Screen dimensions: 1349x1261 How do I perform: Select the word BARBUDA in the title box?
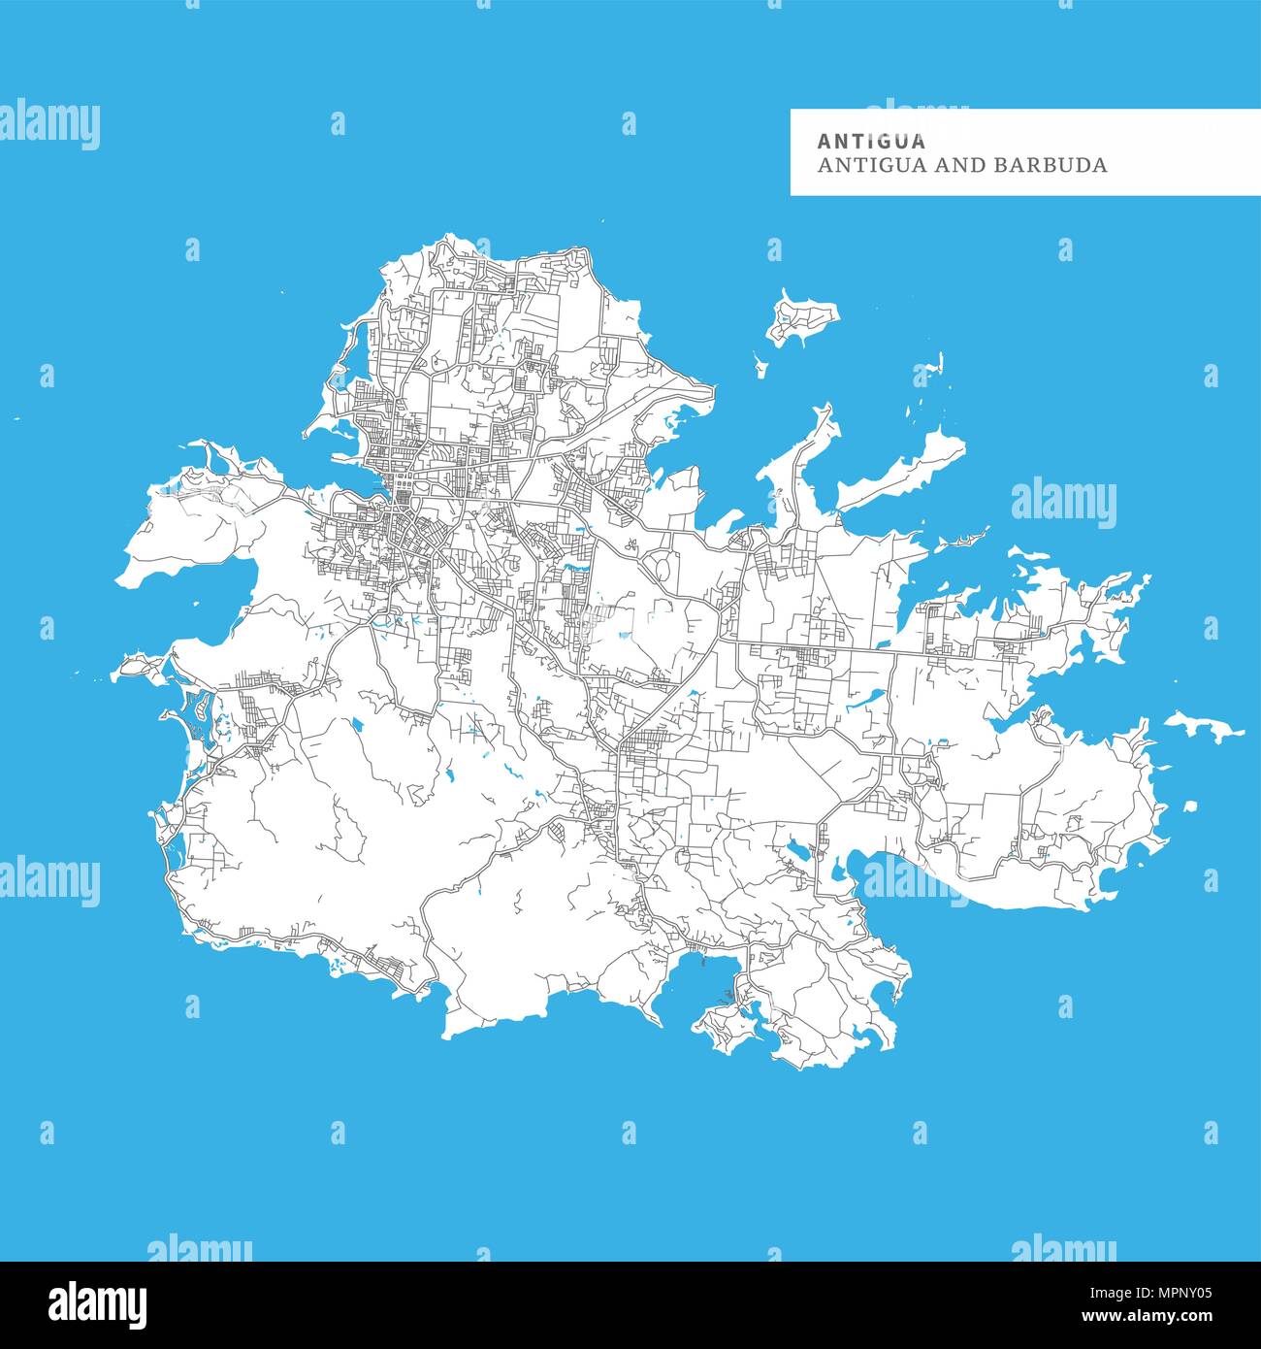[x=1050, y=165]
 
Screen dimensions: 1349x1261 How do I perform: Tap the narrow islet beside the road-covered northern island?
[x=760, y=364]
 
